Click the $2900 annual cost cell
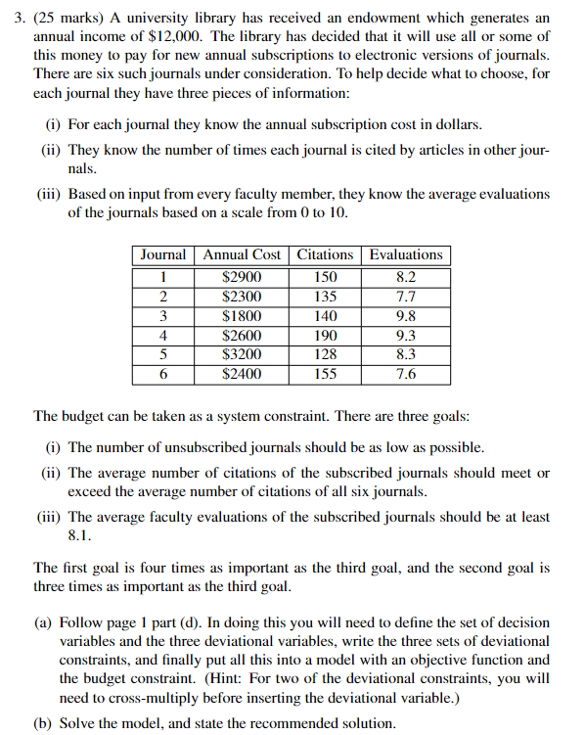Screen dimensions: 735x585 click(x=242, y=277)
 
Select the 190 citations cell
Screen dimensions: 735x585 click(x=326, y=336)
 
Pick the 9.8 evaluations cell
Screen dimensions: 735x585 click(x=406, y=316)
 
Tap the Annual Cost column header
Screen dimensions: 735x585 click(x=242, y=254)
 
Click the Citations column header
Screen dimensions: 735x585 click(x=326, y=254)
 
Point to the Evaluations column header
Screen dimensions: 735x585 click(x=406, y=254)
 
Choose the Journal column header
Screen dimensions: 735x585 click(x=163, y=254)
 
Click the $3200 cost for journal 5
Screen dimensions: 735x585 click(x=242, y=355)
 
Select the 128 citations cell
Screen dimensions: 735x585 click(x=326, y=355)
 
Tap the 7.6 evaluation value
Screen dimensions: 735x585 click(x=406, y=374)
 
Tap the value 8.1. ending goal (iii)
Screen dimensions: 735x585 click(x=79, y=535)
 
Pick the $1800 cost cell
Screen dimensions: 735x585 click(x=242, y=316)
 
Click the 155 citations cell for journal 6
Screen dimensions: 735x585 click(x=326, y=374)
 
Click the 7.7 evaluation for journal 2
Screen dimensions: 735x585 click(x=406, y=297)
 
